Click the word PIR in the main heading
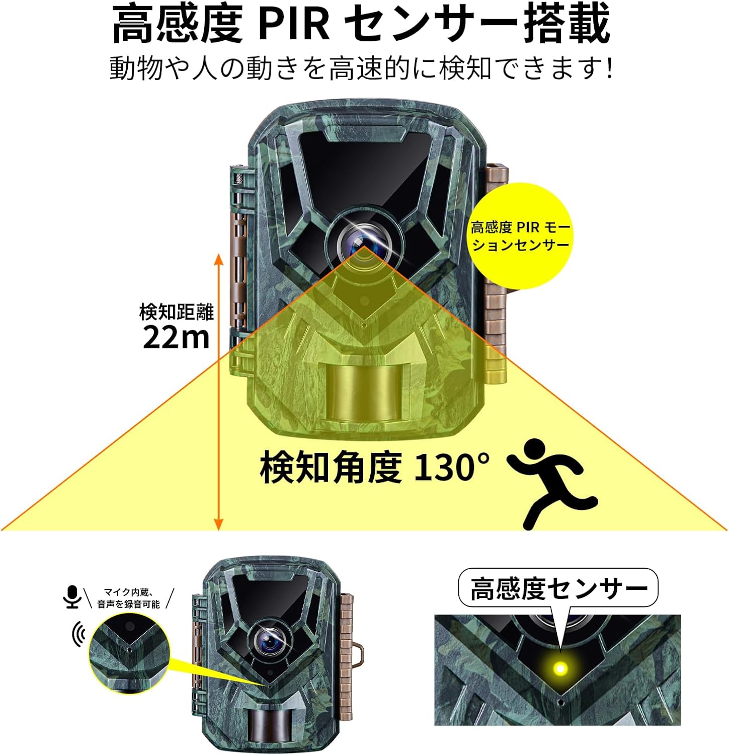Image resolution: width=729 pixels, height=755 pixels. [x=294, y=24]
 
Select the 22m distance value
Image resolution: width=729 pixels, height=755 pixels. [x=176, y=337]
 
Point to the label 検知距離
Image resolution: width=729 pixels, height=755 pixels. [x=176, y=312]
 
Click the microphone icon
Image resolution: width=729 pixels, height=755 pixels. [x=73, y=596]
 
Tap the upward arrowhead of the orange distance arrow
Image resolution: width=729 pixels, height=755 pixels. [x=218, y=259]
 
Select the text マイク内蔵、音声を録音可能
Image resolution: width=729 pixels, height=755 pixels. [x=129, y=598]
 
